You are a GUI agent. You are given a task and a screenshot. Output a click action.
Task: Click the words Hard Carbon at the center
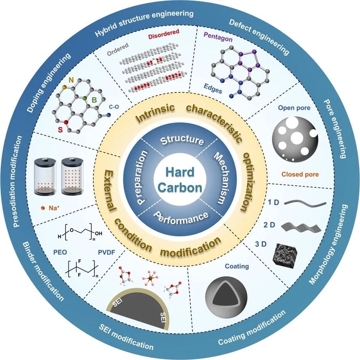click(x=180, y=180)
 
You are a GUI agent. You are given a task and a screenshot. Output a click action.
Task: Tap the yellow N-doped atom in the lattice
click(x=65, y=87)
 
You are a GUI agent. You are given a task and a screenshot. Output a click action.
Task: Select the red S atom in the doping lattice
click(x=66, y=122)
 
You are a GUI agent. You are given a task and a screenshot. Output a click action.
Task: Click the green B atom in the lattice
click(x=85, y=98)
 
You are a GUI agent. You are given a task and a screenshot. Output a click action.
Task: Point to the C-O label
click(x=114, y=107)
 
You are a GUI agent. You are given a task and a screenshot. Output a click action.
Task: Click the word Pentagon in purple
click(x=218, y=37)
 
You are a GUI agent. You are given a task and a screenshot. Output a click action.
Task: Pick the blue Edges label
click(x=213, y=89)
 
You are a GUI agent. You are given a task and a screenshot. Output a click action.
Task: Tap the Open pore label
click(x=294, y=108)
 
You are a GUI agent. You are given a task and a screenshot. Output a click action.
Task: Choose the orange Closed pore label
click(x=300, y=174)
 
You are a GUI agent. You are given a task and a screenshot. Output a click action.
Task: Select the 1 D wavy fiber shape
click(x=305, y=203)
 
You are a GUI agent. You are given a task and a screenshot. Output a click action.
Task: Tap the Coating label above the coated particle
click(x=237, y=266)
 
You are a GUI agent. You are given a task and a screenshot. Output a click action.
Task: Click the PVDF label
click(x=106, y=252)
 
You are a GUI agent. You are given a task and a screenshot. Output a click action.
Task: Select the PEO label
click(x=60, y=252)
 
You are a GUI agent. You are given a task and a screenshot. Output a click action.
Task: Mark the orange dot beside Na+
click(x=43, y=208)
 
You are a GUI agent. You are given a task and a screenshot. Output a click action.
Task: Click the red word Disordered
click(x=164, y=34)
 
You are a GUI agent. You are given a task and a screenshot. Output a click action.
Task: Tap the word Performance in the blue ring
click(x=181, y=218)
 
